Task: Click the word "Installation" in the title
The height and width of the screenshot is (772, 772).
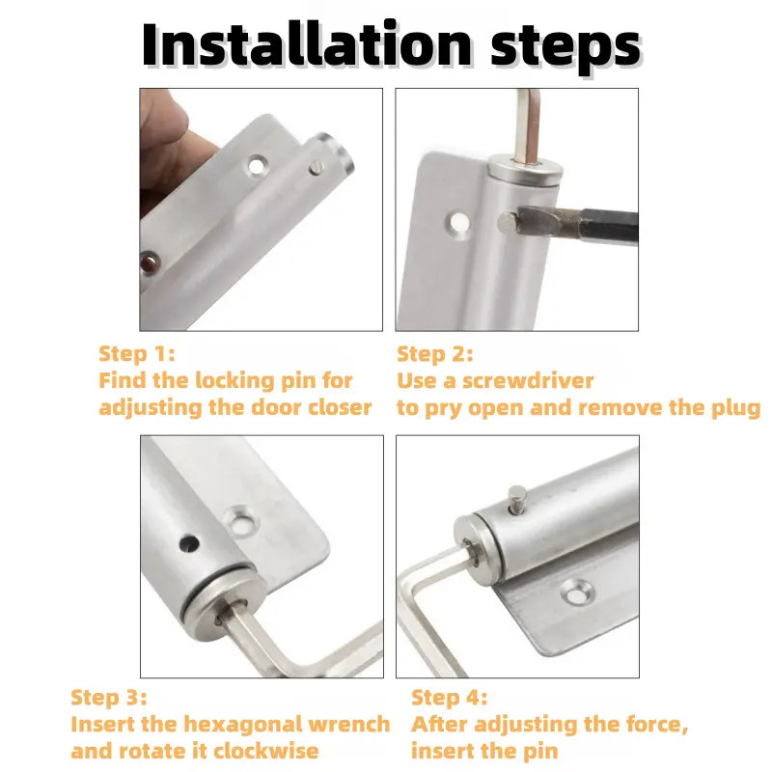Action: [306, 44]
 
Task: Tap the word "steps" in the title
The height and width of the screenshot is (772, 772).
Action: [565, 47]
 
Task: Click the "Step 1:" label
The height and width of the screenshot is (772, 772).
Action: [137, 354]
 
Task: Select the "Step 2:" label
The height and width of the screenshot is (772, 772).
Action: [435, 354]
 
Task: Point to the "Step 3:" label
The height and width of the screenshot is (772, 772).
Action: [109, 698]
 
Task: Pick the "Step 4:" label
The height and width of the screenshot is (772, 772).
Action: [449, 698]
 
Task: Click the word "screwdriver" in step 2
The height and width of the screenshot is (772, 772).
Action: [528, 381]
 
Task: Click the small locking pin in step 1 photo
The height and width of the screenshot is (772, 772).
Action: [317, 167]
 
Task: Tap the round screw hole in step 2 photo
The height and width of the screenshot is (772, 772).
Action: [458, 223]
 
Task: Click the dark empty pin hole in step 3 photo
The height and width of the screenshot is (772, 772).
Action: [189, 543]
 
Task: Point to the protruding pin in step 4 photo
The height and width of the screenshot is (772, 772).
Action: [517, 499]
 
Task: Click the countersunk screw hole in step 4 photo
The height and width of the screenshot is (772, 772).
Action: [578, 593]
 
